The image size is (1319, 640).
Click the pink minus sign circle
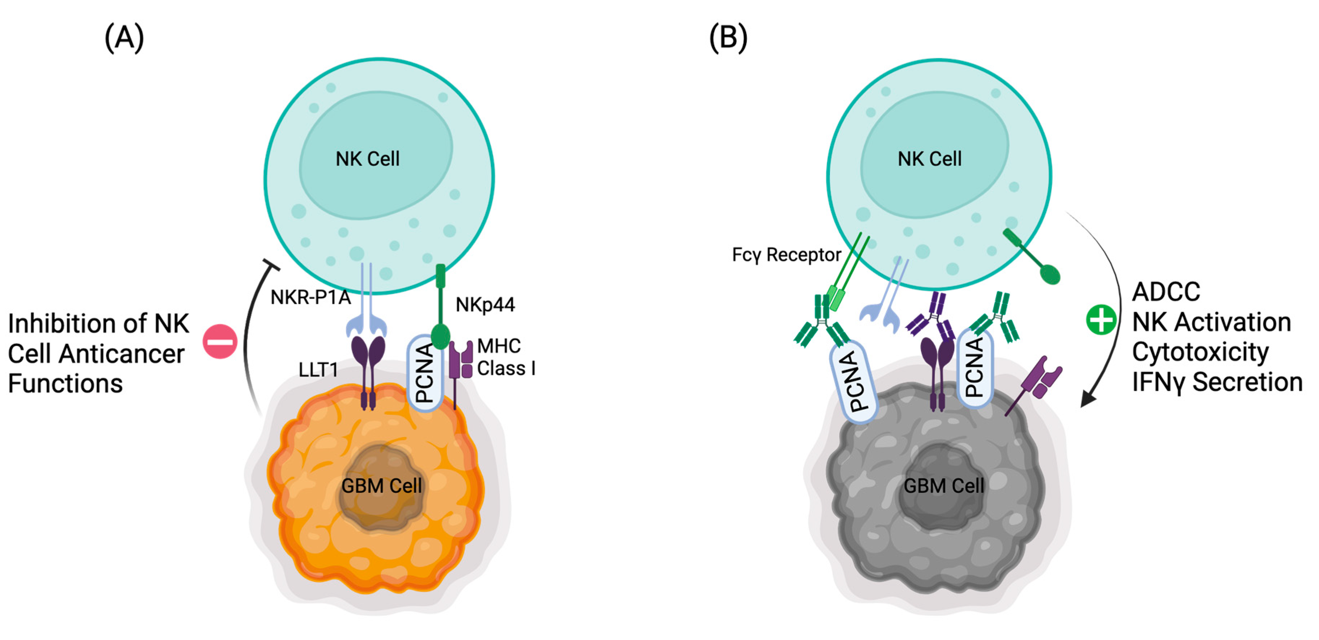click(220, 341)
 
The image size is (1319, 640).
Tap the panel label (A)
click(124, 38)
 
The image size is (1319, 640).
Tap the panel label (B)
click(728, 38)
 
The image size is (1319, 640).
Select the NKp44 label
click(485, 305)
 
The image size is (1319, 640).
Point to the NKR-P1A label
click(310, 297)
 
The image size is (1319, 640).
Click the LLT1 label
click(318, 369)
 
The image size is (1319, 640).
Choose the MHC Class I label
click(505, 357)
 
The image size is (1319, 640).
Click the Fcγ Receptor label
click(786, 255)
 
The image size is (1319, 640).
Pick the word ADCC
click(1165, 292)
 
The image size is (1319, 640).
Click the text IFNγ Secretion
click(1217, 382)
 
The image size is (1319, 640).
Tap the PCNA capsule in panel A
click(424, 373)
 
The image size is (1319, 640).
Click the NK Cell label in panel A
click(367, 159)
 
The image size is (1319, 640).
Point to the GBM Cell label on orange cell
click(381, 485)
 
